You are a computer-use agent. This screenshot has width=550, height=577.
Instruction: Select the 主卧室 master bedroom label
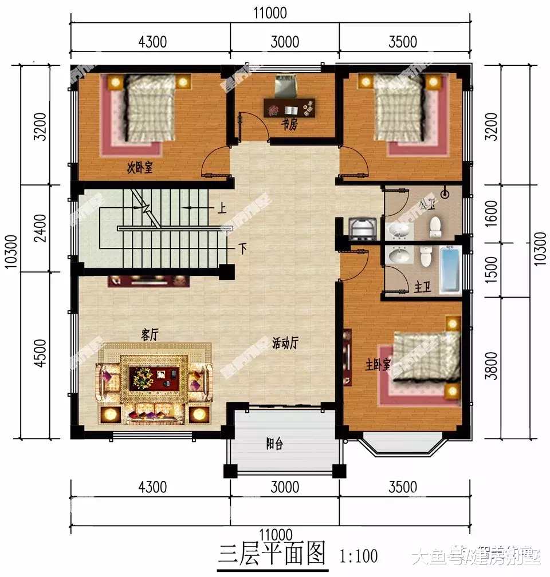(379, 364)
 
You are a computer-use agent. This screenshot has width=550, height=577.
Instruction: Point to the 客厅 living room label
(150, 335)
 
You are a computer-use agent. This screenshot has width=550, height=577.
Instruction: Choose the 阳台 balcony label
(276, 444)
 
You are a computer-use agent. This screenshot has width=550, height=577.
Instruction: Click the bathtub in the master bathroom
(451, 271)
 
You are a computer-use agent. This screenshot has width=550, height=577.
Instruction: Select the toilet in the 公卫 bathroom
(435, 227)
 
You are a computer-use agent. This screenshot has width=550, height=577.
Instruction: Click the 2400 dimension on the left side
(40, 227)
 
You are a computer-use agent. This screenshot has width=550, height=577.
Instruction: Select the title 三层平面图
(272, 554)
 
